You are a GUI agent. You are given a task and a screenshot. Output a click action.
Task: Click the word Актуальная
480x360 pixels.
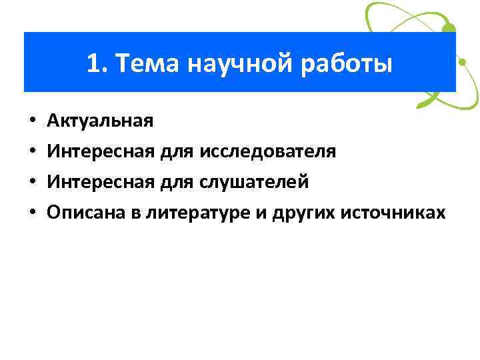coord(100,121)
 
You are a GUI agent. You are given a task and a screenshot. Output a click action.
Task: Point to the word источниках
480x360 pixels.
coord(392,212)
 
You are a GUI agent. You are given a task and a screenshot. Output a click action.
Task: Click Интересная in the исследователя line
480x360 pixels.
coord(101,151)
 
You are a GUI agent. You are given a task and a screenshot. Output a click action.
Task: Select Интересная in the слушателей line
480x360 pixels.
coord(101,181)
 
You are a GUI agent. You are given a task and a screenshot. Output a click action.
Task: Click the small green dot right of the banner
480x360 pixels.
coord(461,64)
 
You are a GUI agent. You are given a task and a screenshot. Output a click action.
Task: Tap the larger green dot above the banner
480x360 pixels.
coord(449,29)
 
